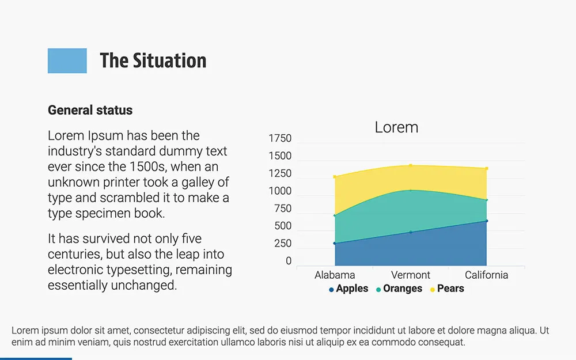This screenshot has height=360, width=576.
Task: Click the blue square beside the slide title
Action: click(x=67, y=60)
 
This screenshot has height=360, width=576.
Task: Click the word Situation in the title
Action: click(x=169, y=60)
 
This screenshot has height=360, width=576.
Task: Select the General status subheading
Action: click(x=90, y=110)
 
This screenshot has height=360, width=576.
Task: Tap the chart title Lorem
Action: click(x=396, y=127)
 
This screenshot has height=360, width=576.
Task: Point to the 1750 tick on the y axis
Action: click(x=280, y=139)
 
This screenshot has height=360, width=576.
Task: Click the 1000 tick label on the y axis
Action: click(x=280, y=191)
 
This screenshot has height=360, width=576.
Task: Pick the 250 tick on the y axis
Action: click(x=282, y=244)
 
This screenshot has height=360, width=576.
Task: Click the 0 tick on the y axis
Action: click(x=289, y=262)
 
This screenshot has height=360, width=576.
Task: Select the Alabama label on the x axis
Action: click(x=335, y=275)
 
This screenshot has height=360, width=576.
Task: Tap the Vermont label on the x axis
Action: click(x=411, y=275)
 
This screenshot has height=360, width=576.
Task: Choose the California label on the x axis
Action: click(x=487, y=275)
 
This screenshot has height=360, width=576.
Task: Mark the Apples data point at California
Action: click(x=487, y=221)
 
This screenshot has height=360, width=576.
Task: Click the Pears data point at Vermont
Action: click(x=411, y=165)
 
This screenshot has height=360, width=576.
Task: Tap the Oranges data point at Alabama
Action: click(x=335, y=215)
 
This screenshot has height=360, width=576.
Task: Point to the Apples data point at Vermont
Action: click(x=411, y=232)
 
